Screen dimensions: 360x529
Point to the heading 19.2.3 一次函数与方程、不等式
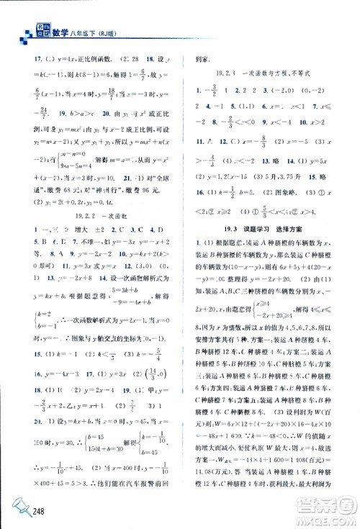(266, 73)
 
